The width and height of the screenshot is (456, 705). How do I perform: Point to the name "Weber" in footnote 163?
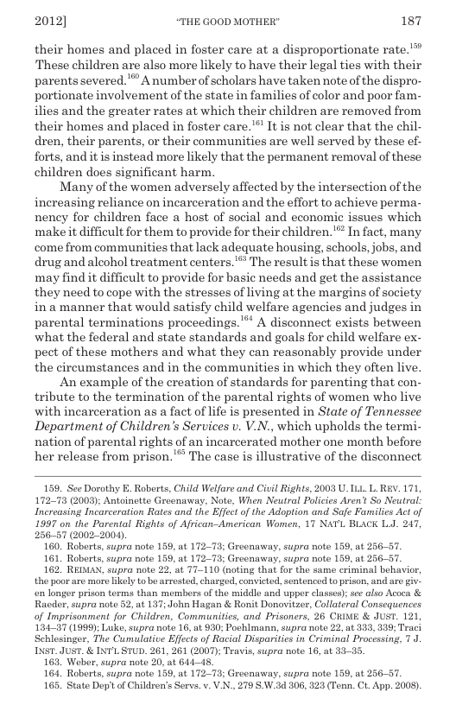tap(89, 662)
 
